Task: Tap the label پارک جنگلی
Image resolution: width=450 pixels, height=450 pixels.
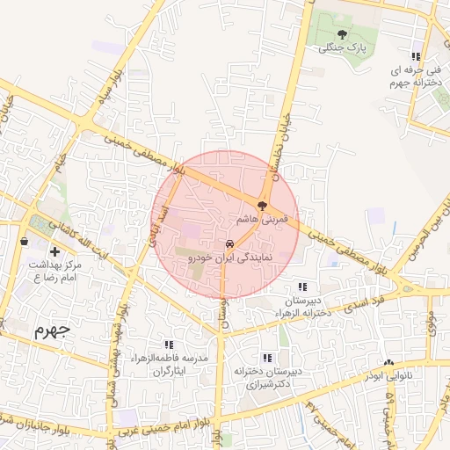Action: coord(341,47)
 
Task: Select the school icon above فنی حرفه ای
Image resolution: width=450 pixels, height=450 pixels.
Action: coord(416,56)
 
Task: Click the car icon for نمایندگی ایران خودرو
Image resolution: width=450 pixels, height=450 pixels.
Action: coord(229,244)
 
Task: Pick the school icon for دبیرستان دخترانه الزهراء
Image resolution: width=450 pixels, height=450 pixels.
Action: coord(302,287)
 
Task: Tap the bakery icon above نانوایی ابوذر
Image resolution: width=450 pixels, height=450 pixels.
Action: coord(388,363)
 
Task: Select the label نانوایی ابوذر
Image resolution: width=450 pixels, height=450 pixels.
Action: coord(387,376)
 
